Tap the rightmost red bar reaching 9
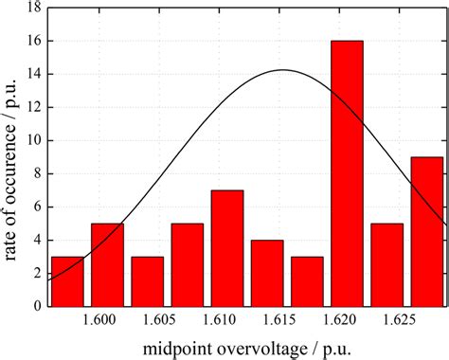pyautogui.click(x=426, y=232)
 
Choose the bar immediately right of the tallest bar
pyautogui.click(x=386, y=265)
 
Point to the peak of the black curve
pyautogui.click(x=283, y=70)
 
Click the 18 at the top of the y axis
pyautogui.click(x=34, y=8)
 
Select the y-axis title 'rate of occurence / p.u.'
pyautogui.click(x=11, y=156)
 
